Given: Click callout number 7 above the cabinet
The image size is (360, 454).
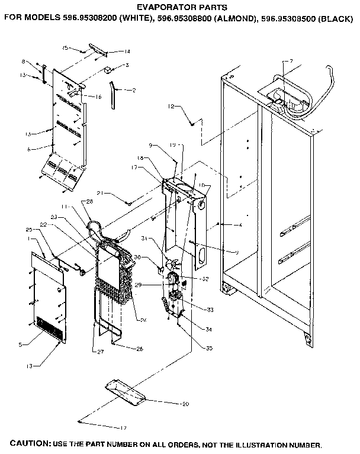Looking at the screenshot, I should click(x=291, y=62).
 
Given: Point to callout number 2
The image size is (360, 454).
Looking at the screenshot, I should click(x=134, y=90).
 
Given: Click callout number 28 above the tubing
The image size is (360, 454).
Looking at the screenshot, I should click(x=90, y=202).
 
